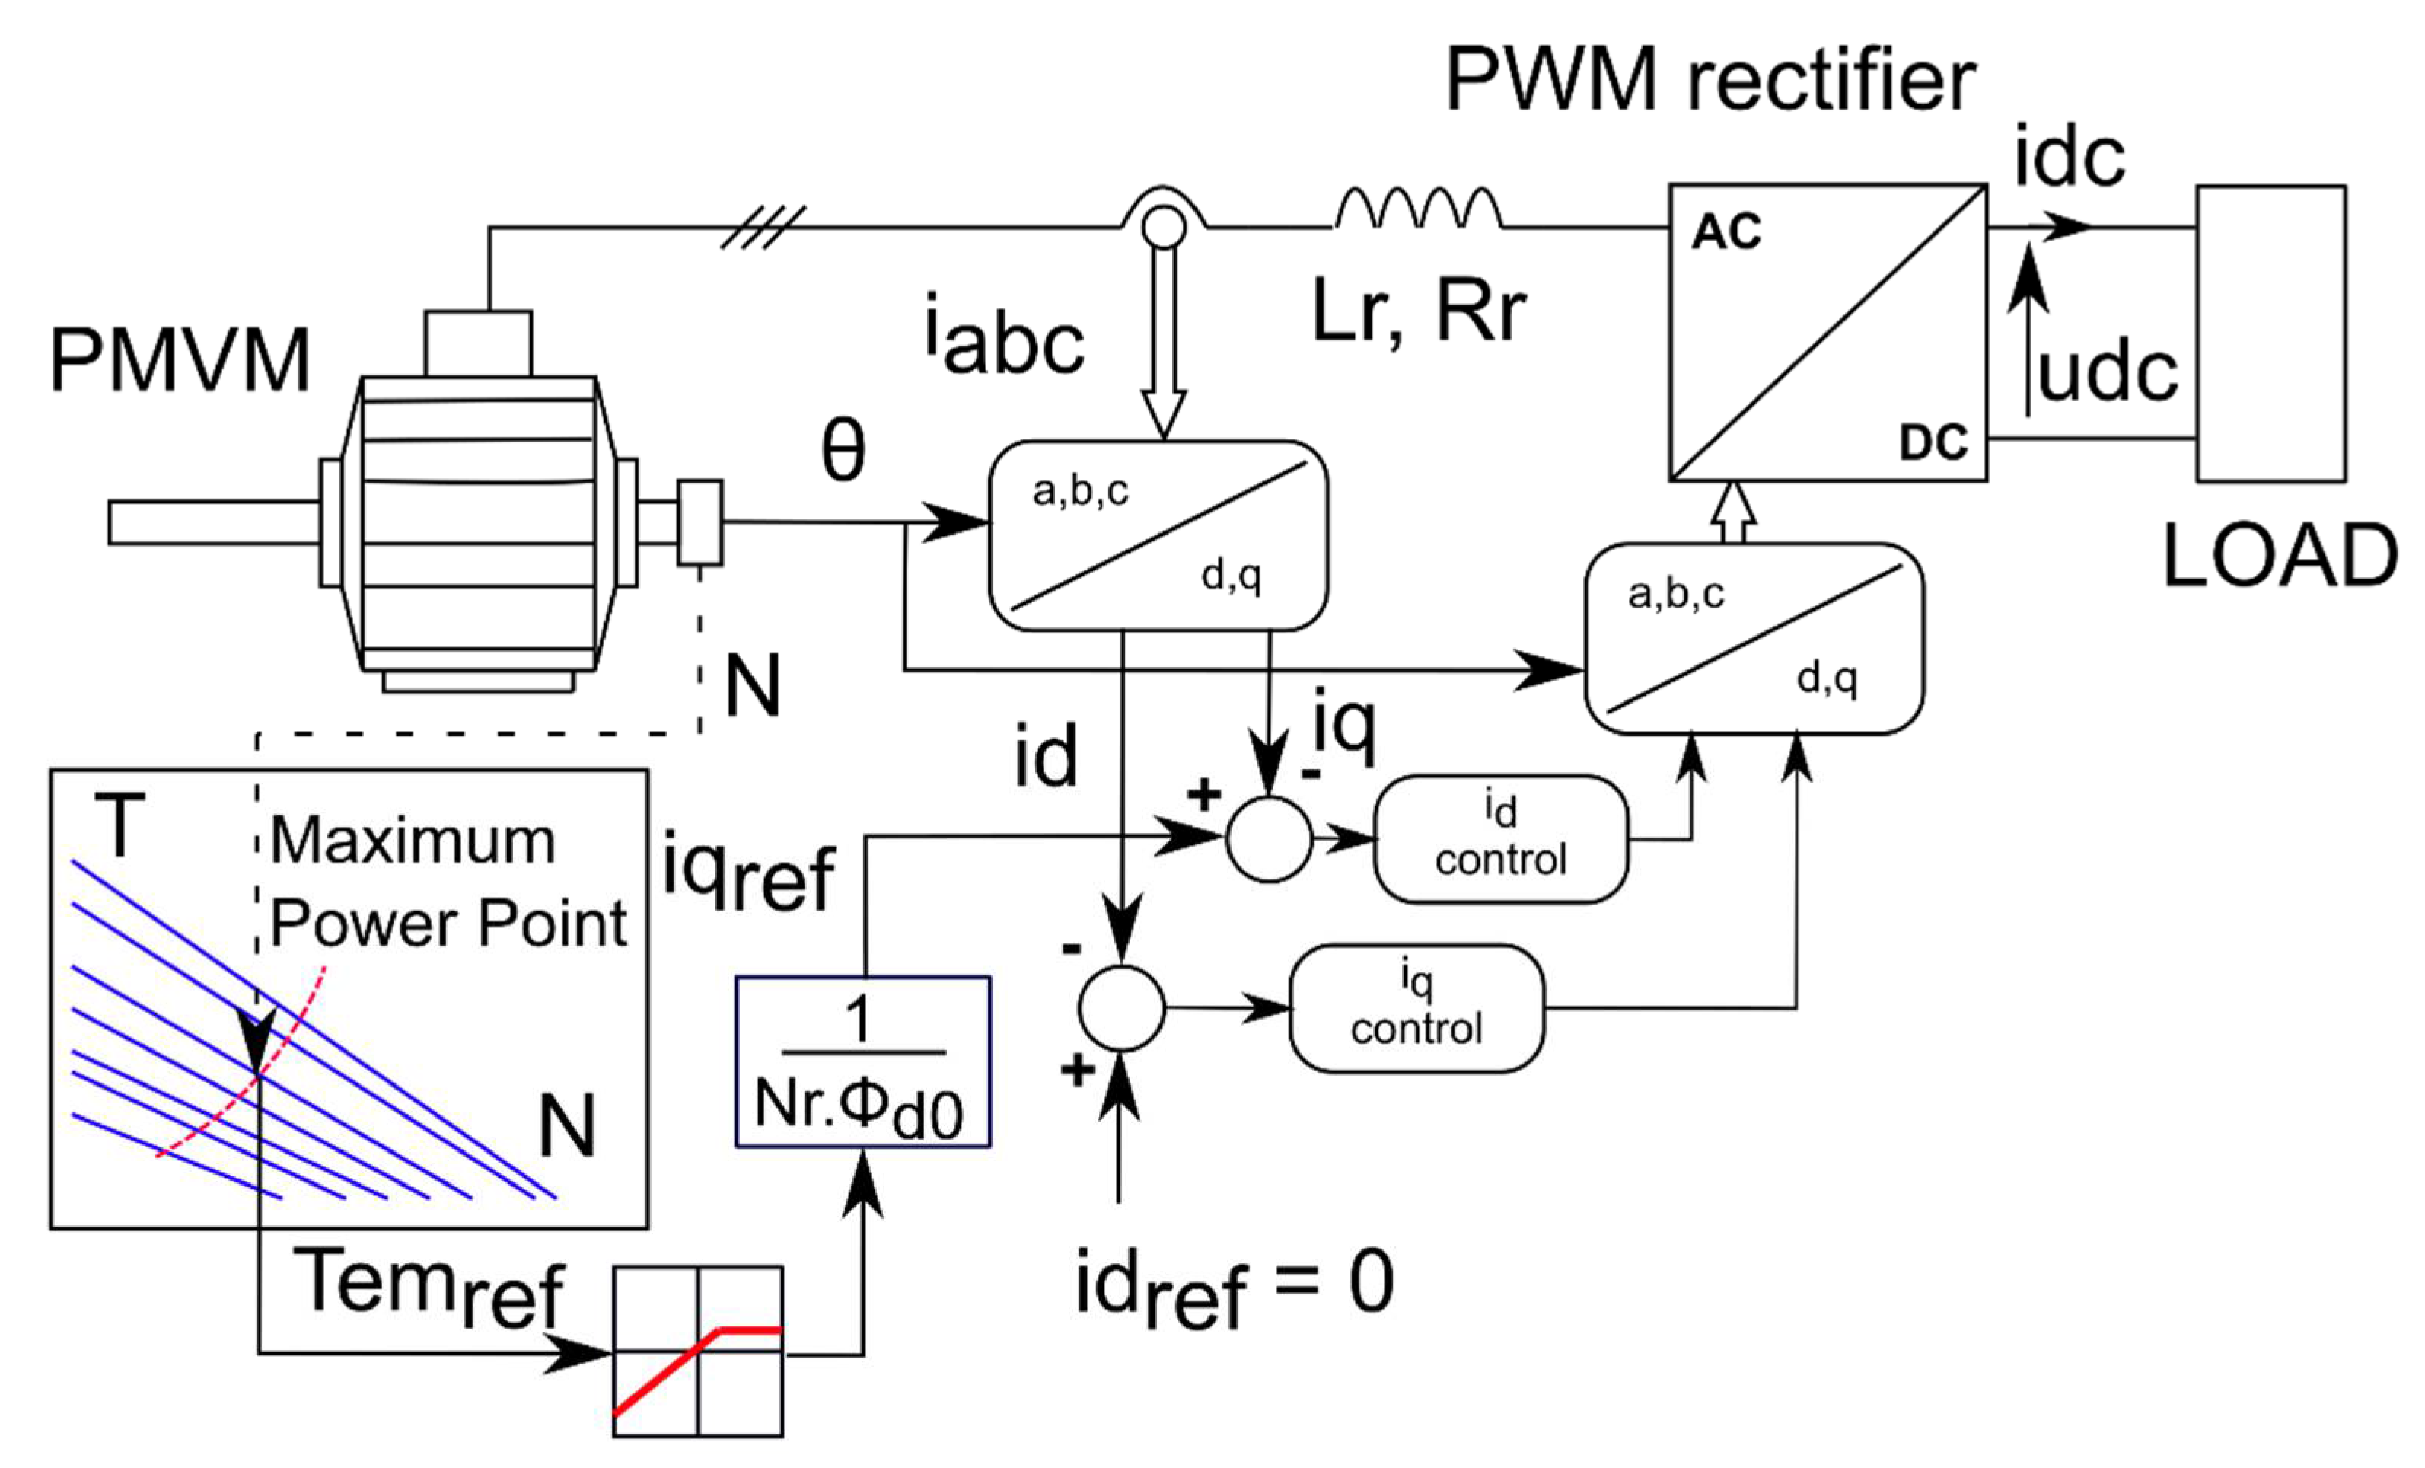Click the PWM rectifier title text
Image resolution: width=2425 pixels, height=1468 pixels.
click(x=1710, y=78)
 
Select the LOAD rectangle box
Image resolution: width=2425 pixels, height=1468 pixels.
click(x=2271, y=333)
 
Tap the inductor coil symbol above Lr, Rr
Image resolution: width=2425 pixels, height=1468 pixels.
click(x=1418, y=208)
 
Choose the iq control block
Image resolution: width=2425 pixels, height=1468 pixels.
click(x=1417, y=1008)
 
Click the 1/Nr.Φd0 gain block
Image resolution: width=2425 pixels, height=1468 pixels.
click(x=863, y=1062)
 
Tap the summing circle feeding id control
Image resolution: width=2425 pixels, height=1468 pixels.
click(x=1270, y=839)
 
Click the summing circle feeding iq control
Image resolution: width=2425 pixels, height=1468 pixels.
click(x=1122, y=1008)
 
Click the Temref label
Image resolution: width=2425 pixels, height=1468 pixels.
click(x=430, y=1287)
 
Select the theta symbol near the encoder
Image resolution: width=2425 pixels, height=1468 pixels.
click(x=843, y=450)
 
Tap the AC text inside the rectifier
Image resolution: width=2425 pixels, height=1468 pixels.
click(x=1726, y=232)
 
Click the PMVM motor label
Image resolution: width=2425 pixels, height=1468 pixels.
click(x=180, y=360)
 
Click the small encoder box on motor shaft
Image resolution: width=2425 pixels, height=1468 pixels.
click(x=699, y=523)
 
